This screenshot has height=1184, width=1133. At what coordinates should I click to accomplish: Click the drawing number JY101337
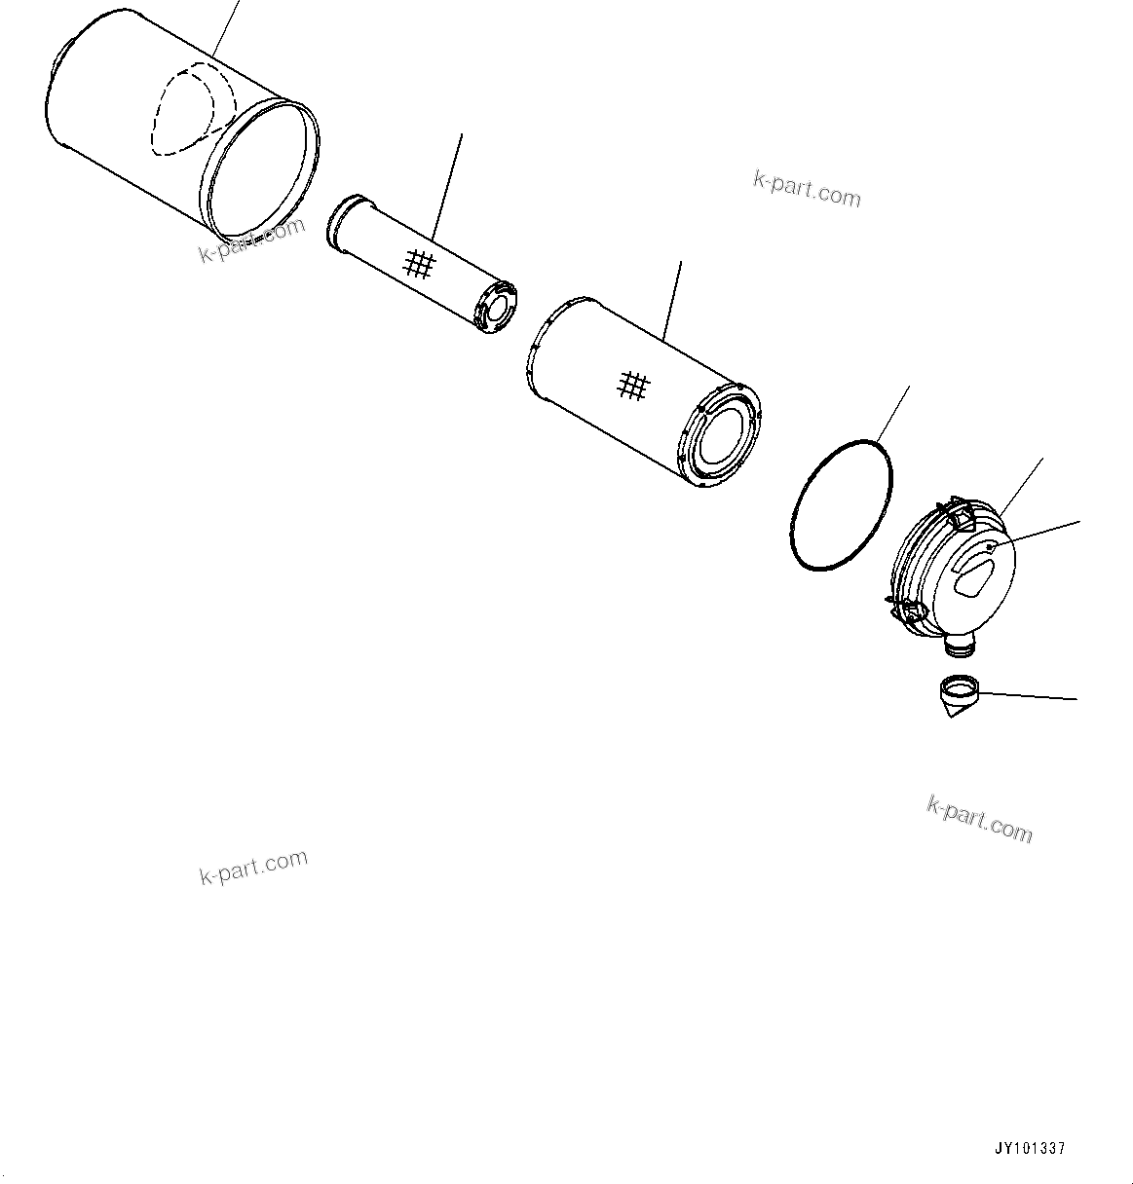click(1029, 1149)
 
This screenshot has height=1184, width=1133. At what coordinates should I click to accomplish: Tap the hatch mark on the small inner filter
click(419, 263)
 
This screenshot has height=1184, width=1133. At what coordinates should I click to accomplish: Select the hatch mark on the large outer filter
click(633, 386)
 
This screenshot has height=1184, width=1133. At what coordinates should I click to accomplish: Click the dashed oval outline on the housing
click(193, 107)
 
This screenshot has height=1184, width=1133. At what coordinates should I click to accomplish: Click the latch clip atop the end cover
click(960, 514)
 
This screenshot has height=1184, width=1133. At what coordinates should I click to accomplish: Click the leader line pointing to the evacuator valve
click(1028, 696)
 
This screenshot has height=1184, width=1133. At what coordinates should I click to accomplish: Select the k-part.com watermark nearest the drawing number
click(979, 818)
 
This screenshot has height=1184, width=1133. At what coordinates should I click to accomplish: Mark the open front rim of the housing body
click(263, 170)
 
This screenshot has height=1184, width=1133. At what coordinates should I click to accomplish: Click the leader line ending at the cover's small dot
click(1038, 536)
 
